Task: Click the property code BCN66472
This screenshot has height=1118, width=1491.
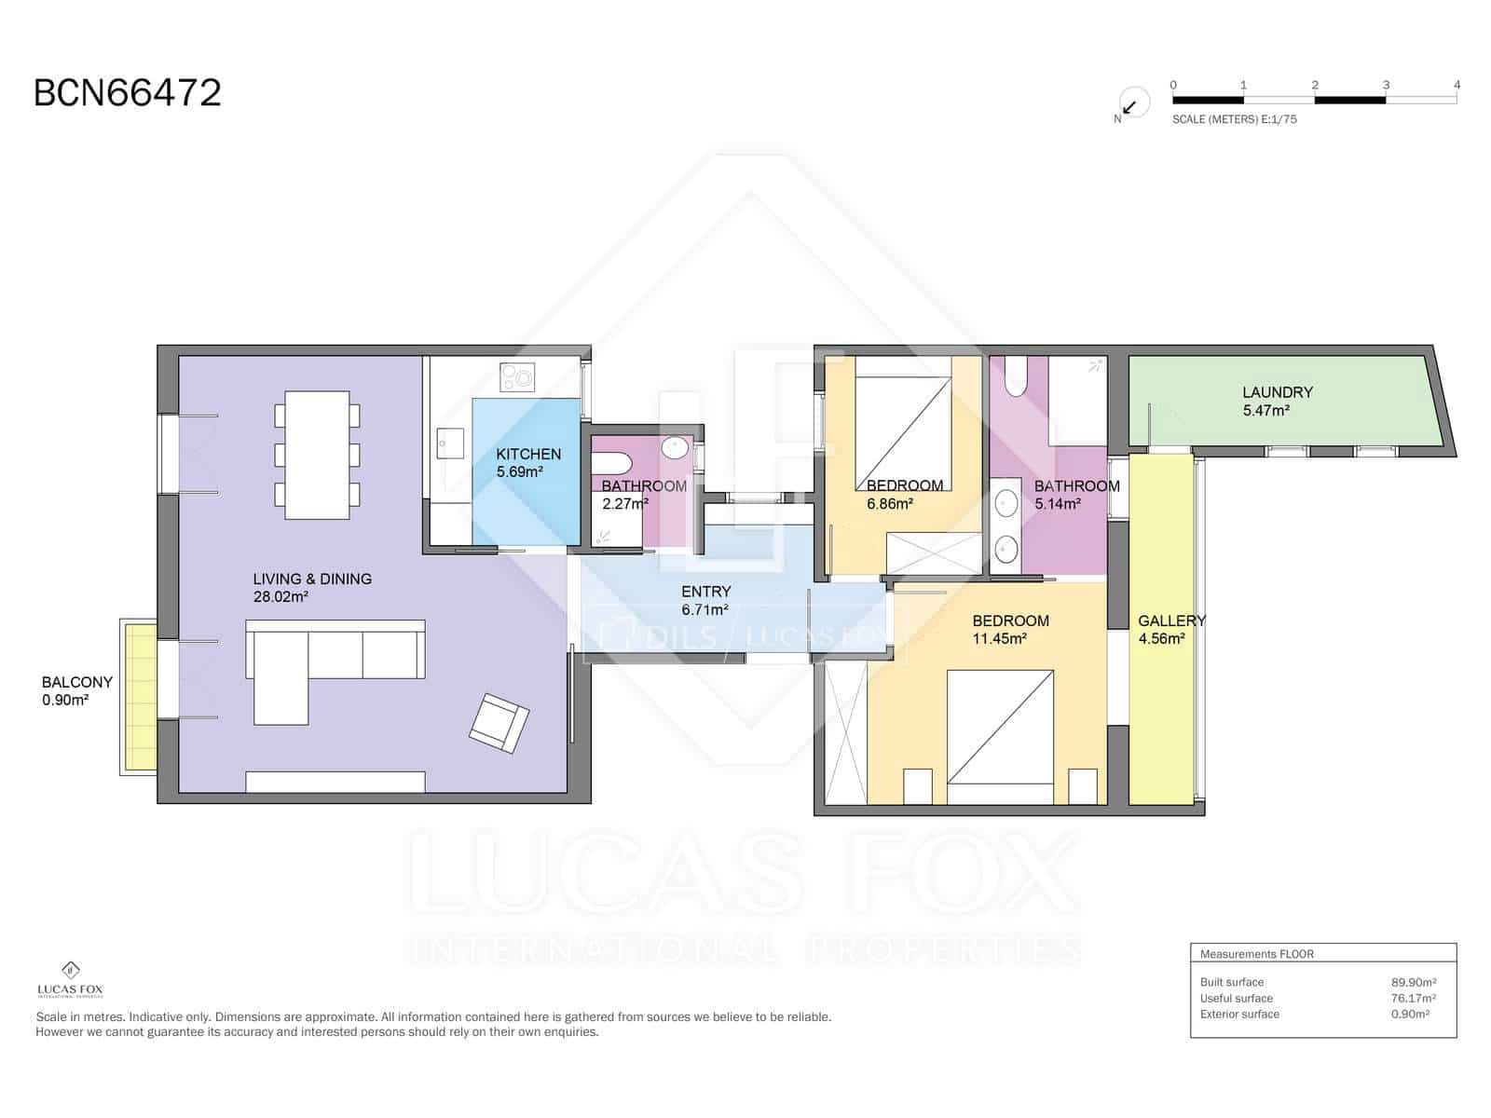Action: (x=127, y=93)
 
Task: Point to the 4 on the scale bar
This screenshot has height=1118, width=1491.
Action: (x=1457, y=85)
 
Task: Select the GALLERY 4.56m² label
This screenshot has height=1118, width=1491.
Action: (x=1170, y=629)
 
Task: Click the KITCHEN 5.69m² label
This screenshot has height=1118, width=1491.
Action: (x=527, y=462)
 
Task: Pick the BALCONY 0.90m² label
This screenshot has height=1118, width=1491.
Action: (x=76, y=690)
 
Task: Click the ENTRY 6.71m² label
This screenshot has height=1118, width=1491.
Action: (x=705, y=600)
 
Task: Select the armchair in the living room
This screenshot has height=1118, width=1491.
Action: (x=499, y=722)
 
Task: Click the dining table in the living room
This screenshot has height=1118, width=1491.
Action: (x=317, y=455)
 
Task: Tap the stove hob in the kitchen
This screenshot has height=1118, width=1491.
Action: (x=518, y=376)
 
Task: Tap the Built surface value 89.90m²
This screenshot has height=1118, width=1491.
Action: (x=1413, y=982)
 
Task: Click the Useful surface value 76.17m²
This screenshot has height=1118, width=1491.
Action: (x=1413, y=998)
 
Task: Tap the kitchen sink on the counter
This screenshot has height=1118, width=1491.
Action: (x=451, y=443)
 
